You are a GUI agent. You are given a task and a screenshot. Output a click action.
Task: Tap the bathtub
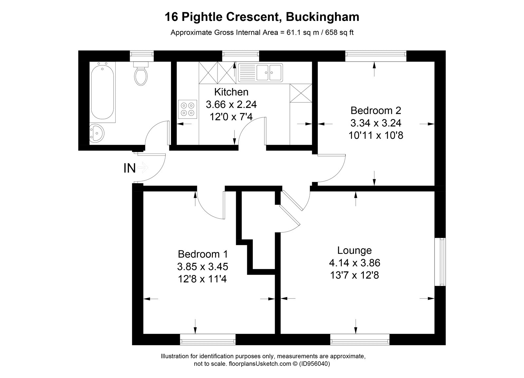tap(103, 92)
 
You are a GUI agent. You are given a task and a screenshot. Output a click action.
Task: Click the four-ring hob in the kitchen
tap(188, 109)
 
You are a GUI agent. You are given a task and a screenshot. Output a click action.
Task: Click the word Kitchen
tap(231, 92)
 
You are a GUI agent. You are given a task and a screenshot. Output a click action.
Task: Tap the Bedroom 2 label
tap(376, 110)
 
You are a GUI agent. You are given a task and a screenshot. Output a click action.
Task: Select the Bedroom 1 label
tap(202, 254)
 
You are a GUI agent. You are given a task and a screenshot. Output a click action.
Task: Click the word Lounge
tap(354, 251)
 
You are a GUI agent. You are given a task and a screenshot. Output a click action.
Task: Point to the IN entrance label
tap(129, 168)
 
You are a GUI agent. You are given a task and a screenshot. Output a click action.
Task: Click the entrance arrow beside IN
tap(143, 168)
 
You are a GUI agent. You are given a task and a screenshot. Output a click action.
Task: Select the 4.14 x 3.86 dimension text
tap(354, 263)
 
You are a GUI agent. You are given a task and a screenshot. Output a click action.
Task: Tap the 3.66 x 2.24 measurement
tap(231, 104)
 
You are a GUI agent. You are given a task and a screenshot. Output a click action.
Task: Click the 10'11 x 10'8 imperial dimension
tap(376, 135)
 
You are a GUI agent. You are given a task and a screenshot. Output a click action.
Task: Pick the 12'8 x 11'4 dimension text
tap(202, 279)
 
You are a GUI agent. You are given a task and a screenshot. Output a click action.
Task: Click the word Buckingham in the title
tap(323, 17)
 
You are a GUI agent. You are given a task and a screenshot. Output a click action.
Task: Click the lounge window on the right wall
tap(442, 261)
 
